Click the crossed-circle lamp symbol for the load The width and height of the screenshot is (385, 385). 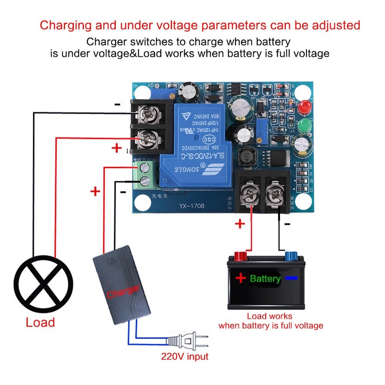pyautogui.click(x=43, y=284)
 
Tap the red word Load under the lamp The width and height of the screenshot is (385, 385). pyautogui.click(x=40, y=322)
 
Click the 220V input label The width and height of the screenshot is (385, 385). pyautogui.click(x=185, y=357)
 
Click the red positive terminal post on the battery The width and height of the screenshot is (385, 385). pyautogui.click(x=240, y=255)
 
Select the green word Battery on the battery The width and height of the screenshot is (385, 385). pyautogui.click(x=265, y=279)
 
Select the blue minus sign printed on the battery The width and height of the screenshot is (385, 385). pyautogui.click(x=292, y=279)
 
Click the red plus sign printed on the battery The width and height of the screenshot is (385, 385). pyautogui.click(x=240, y=278)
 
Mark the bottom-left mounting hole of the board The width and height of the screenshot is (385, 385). pyautogui.click(x=142, y=203)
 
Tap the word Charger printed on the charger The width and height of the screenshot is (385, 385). pyautogui.click(x=123, y=291)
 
